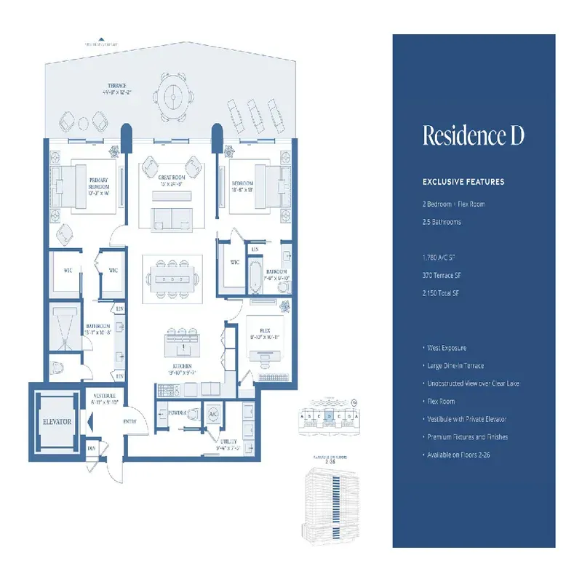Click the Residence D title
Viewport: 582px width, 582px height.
(473, 136)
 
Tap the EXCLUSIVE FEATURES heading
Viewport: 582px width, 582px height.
(463, 182)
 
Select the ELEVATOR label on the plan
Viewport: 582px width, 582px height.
(56, 421)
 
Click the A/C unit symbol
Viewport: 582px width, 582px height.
(214, 414)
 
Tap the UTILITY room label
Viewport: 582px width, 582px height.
(229, 445)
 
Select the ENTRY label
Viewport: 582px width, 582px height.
(130, 422)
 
